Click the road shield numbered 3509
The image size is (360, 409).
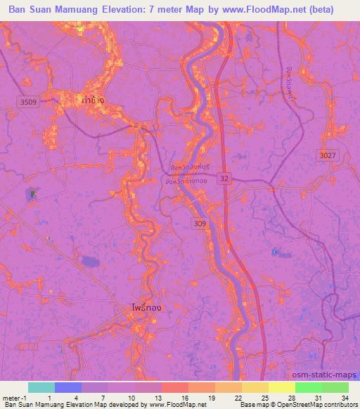(30, 102)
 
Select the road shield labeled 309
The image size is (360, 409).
(200, 223)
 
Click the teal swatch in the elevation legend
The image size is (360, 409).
(41, 387)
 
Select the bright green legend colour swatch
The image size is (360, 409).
(309, 387)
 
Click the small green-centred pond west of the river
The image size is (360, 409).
(31, 193)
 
